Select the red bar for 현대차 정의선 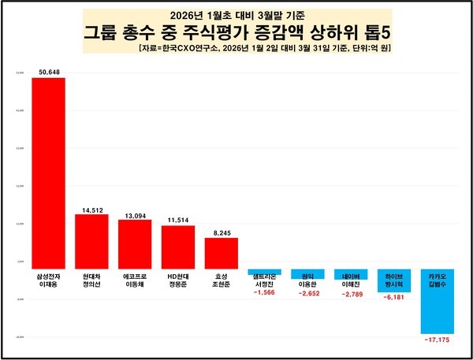pyautogui.click(x=91, y=241)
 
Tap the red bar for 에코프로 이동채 pyautogui.click(x=135, y=244)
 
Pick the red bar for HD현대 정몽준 pyautogui.click(x=177, y=247)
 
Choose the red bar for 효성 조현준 pyautogui.click(x=221, y=253)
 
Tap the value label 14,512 pyautogui.click(x=91, y=209)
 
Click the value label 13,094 pyautogui.click(x=135, y=214)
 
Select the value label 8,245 pyautogui.click(x=221, y=232)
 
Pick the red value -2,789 pyautogui.click(x=350, y=295)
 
